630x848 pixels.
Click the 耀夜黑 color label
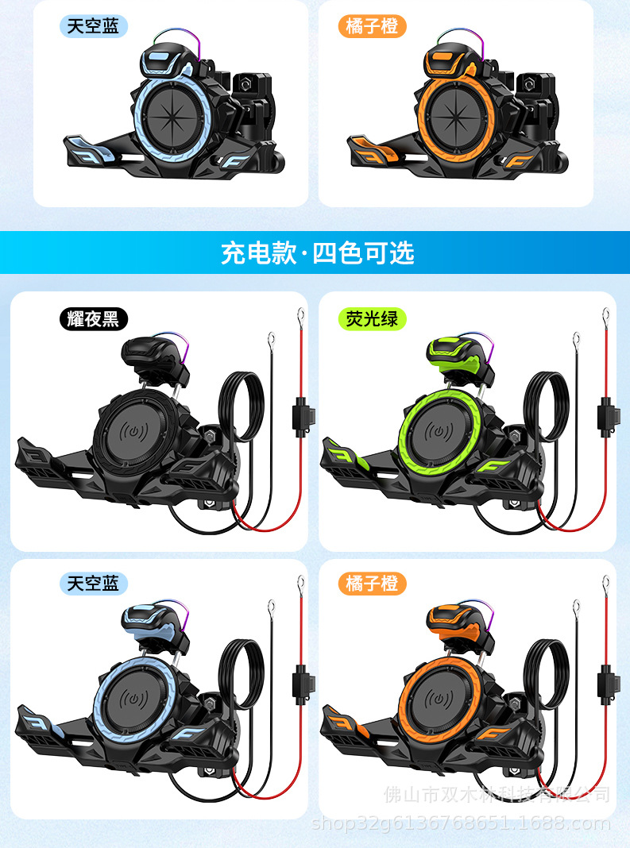[93, 319]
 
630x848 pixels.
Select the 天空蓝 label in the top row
[93, 26]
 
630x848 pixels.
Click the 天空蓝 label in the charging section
[93, 584]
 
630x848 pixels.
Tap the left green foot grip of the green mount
[342, 461]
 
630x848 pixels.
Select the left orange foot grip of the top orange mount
[369, 149]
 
